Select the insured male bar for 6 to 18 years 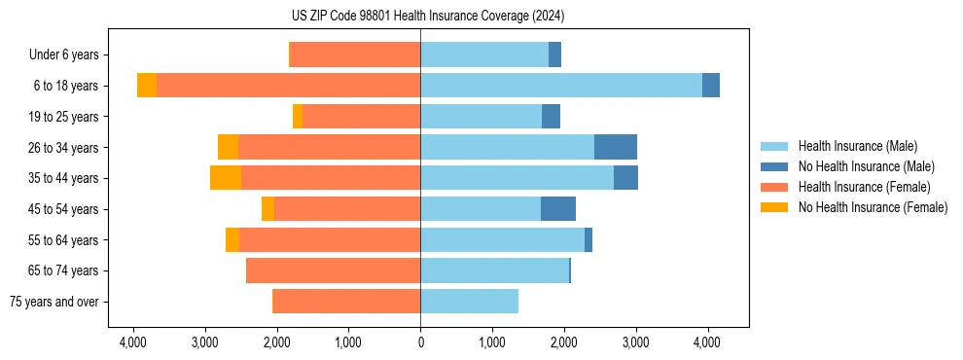coord(561,86)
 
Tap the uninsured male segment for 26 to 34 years coord(616,147)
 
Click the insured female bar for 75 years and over coord(346,302)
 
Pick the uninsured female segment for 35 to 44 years coord(226,178)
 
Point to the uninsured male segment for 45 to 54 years coord(558,209)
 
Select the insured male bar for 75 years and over coord(469,302)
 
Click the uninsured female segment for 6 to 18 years coord(147,86)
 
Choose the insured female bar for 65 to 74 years coord(334,270)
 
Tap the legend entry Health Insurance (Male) coord(857,146)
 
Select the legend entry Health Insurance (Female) coord(864,187)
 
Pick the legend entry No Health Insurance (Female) coord(873,207)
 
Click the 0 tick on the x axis coord(420,342)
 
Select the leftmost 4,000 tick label coord(133,342)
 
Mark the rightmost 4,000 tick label coord(707,342)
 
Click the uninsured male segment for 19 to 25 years coord(551,117)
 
